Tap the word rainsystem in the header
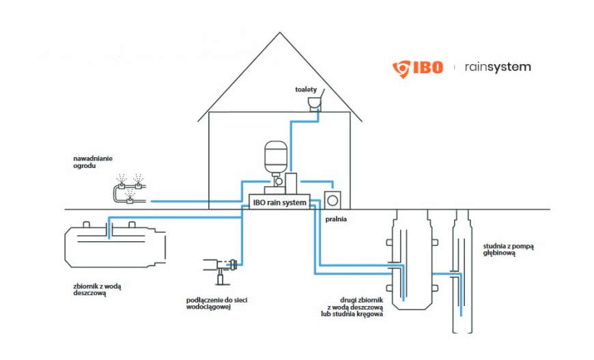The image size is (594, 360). point(497,67)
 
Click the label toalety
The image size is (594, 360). point(306,89)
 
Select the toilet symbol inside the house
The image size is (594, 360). point(315,103)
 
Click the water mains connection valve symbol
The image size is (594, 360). point(222,265)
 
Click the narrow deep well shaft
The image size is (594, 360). point(462,273)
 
